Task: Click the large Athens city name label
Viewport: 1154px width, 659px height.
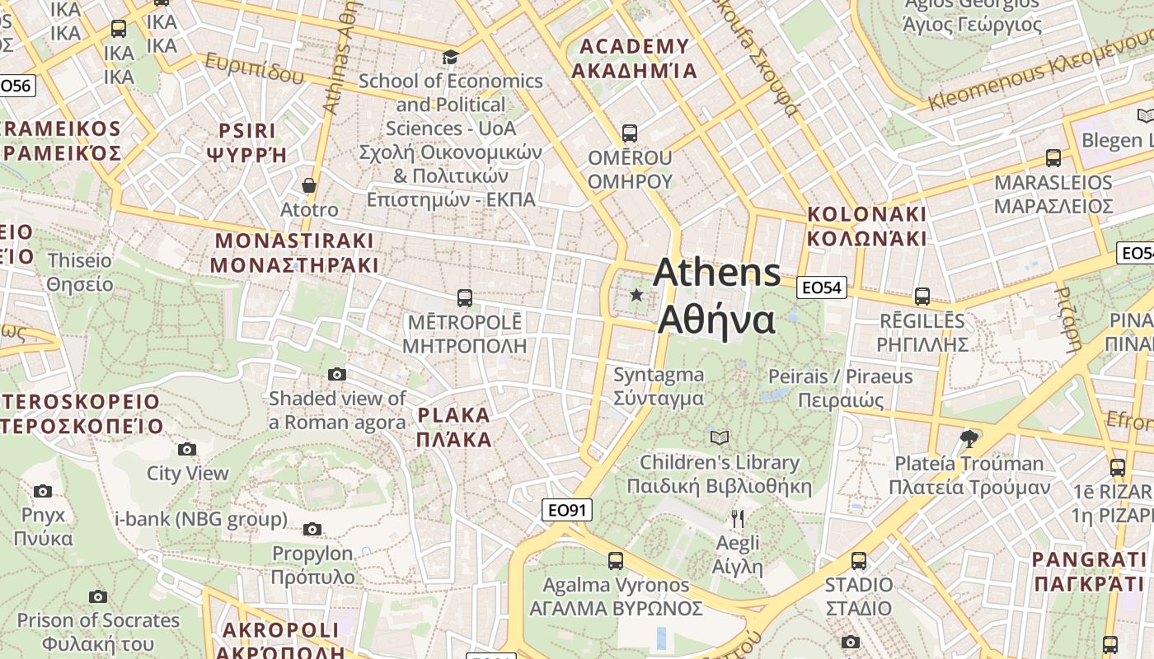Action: coord(717,296)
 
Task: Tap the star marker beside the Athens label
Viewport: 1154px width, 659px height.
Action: coord(636,295)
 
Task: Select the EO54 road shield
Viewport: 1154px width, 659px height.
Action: coord(822,287)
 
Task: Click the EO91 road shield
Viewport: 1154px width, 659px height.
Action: coord(567,510)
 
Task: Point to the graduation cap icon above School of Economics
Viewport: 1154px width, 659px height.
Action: coord(450,57)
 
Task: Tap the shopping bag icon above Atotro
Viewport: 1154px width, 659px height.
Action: coord(309,185)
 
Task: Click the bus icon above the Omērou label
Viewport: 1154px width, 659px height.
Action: coord(630,133)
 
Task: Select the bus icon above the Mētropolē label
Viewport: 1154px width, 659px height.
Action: coord(465,297)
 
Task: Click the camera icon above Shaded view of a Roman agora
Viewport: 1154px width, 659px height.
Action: coord(337,375)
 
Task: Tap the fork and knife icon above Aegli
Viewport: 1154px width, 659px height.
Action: coord(738,519)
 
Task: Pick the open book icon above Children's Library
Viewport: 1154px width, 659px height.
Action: coord(720,437)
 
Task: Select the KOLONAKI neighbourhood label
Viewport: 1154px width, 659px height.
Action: coord(866,227)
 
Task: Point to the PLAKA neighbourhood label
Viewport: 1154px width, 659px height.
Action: coord(454,427)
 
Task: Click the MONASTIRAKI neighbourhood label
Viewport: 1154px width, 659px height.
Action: coord(294,253)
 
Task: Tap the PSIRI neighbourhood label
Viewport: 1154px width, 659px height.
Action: coord(246,142)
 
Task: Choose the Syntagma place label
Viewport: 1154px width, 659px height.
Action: coord(659,386)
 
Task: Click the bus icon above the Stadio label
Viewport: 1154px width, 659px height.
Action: coord(859,561)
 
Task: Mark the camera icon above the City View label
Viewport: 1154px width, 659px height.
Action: coord(187,449)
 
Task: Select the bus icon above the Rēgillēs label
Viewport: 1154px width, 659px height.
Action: coord(922,296)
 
